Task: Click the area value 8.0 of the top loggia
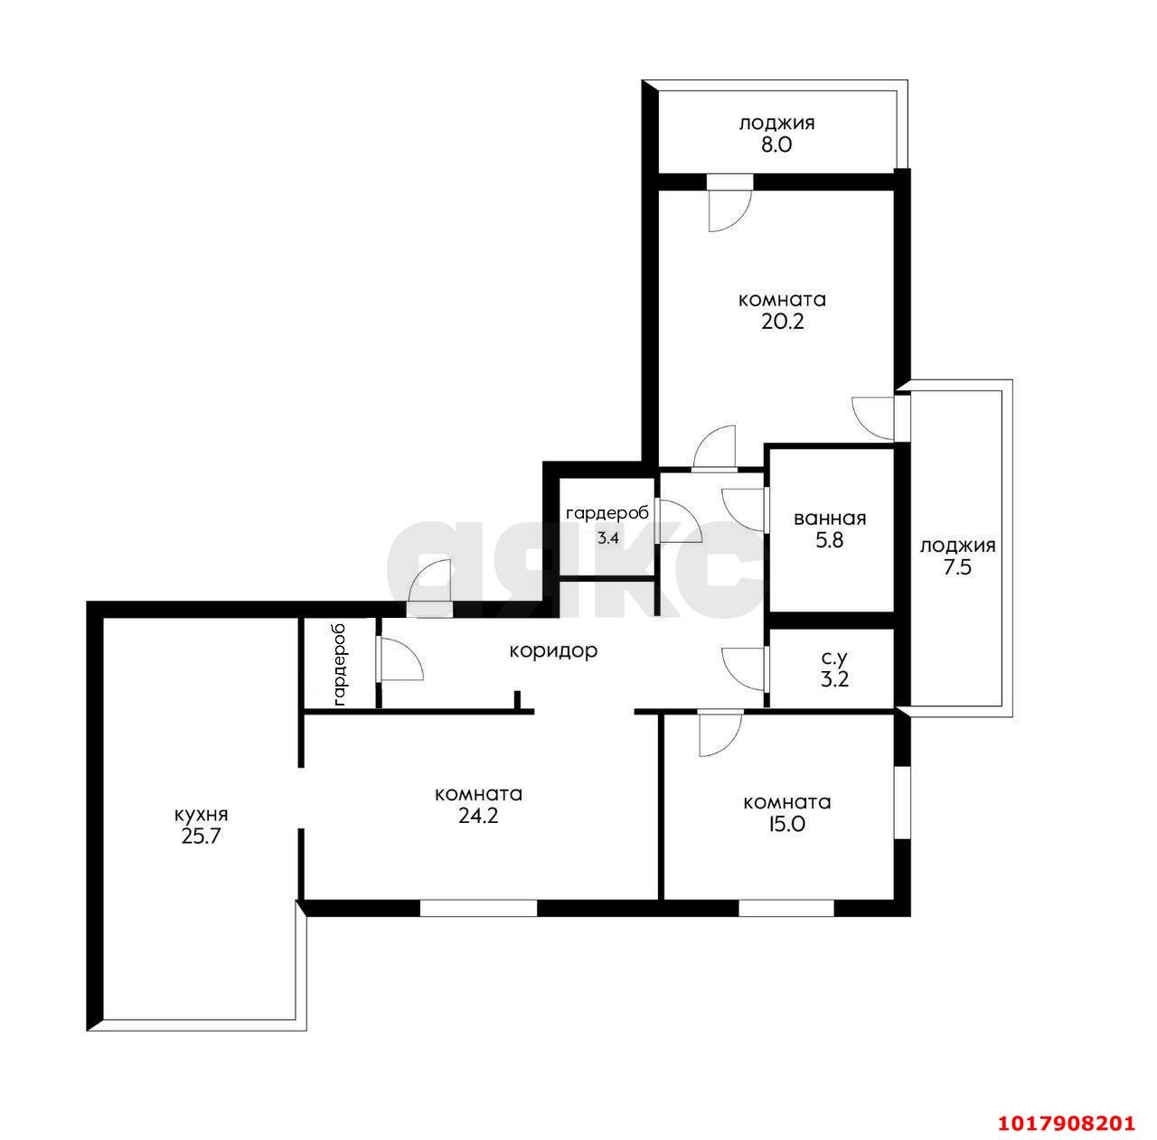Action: (776, 145)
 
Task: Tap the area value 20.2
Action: (783, 322)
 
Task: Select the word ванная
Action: (830, 519)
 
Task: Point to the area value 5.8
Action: (829, 540)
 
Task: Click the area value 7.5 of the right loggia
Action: (957, 567)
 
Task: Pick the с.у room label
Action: (834, 659)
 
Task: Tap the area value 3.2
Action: (834, 679)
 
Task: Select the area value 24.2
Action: (478, 816)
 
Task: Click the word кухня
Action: (202, 815)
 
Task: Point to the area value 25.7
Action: (202, 836)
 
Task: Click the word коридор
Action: (553, 650)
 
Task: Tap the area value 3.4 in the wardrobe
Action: (607, 537)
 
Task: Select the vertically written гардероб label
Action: (340, 664)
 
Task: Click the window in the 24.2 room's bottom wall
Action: (478, 908)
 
